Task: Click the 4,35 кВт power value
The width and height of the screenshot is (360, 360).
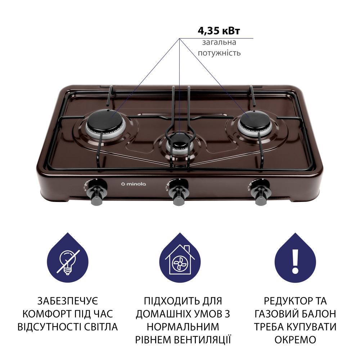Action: click(x=219, y=31)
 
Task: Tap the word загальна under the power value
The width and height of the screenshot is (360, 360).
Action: click(x=219, y=42)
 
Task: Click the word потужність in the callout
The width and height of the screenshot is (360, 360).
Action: click(x=219, y=53)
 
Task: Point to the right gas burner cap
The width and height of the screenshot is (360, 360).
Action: click(x=255, y=120)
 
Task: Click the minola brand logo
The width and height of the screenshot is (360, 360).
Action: click(x=134, y=184)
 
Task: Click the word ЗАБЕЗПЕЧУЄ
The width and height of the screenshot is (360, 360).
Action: click(x=68, y=301)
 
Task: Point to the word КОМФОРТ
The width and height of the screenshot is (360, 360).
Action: click(x=48, y=314)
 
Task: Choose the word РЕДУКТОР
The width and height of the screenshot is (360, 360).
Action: click(x=285, y=301)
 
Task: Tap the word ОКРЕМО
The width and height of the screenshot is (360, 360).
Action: click(x=295, y=340)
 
